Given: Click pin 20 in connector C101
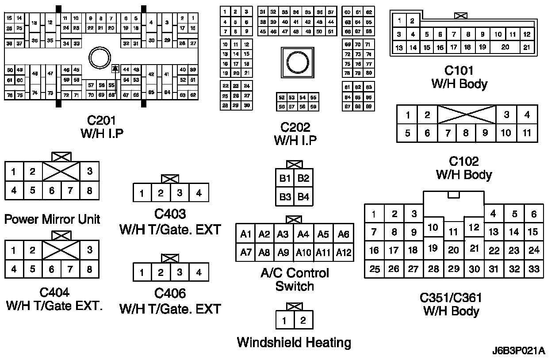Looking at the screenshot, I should [x=505, y=47].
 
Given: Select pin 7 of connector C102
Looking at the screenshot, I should [x=448, y=133].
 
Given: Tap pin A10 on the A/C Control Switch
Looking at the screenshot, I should [x=303, y=253].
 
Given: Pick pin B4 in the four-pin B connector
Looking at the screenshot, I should [x=303, y=196].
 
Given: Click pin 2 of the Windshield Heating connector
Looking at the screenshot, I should [x=303, y=320].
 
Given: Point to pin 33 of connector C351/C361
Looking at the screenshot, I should [x=534, y=269].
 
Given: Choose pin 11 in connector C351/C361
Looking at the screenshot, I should [x=453, y=231].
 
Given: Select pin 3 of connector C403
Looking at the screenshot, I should [x=180, y=193].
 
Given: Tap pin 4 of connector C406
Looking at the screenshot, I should [x=199, y=272].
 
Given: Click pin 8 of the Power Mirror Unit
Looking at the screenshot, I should [x=89, y=191].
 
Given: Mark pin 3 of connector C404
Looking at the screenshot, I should [x=89, y=250].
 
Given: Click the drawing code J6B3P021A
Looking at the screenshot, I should [x=518, y=351].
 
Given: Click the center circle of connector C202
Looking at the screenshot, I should [x=295, y=61].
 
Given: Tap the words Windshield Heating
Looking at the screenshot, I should [x=294, y=342].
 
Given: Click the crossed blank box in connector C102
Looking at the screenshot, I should [x=467, y=114].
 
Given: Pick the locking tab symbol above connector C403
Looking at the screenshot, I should [x=170, y=179].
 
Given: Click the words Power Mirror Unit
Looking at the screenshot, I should [x=52, y=219].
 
